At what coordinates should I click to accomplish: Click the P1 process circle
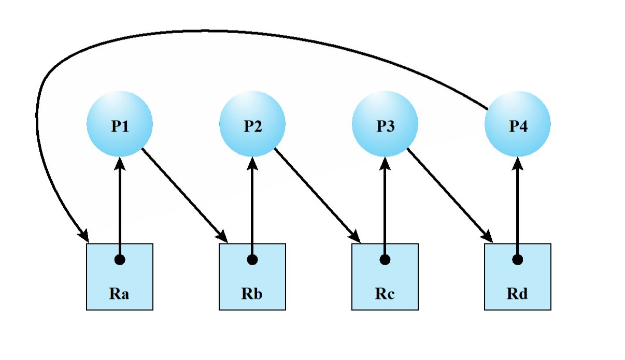point(120,124)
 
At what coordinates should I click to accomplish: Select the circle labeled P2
point(252,124)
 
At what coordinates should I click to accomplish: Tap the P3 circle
point(385,124)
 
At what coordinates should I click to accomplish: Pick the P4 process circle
point(518,124)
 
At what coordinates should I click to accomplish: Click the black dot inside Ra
point(120,260)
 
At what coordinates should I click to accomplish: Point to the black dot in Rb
point(252,260)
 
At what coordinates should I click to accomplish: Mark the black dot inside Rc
point(385,260)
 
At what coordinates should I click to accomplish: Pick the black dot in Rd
point(518,260)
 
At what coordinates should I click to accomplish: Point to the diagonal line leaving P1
point(168,177)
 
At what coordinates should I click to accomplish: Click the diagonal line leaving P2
point(289,164)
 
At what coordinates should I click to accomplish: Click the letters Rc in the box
point(385,294)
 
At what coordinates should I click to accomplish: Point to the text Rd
point(518,294)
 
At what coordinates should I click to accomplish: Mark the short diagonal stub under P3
point(409,150)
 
